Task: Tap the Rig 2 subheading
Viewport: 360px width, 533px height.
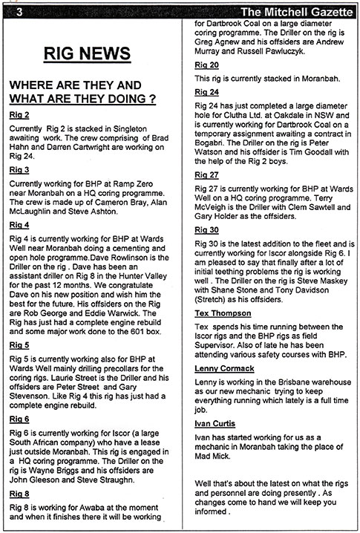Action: pyautogui.click(x=19, y=115)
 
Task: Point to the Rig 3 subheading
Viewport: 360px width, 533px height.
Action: pyautogui.click(x=19, y=169)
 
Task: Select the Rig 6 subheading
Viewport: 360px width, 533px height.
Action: pyautogui.click(x=19, y=419)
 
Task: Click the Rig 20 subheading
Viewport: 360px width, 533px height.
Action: pyautogui.click(x=206, y=65)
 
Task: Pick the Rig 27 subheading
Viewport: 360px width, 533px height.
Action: pyautogui.click(x=206, y=174)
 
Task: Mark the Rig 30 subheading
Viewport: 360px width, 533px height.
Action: pyautogui.click(x=206, y=230)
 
